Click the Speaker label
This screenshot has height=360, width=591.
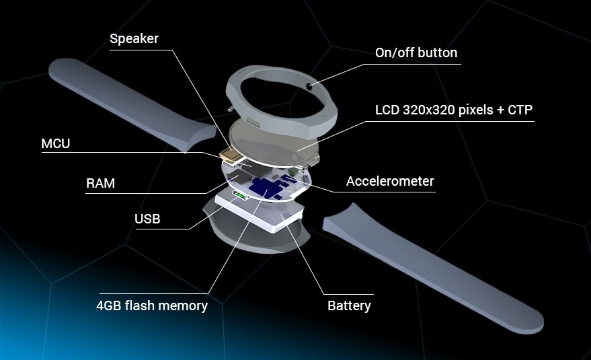pos(134,38)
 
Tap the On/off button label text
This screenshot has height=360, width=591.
pos(416,52)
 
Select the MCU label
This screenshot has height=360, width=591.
pos(55,143)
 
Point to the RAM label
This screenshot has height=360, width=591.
pos(100,183)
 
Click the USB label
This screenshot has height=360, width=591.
pos(147,219)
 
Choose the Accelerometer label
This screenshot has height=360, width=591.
pos(390,181)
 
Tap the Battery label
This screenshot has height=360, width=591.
pos(349,305)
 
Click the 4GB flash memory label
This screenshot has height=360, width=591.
pos(152,305)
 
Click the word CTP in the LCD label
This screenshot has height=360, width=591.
pos(520,110)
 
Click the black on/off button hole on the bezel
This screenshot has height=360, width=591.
pos(309,86)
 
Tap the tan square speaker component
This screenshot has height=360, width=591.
pos(230,155)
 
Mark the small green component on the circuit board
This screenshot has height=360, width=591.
pos(291,172)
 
